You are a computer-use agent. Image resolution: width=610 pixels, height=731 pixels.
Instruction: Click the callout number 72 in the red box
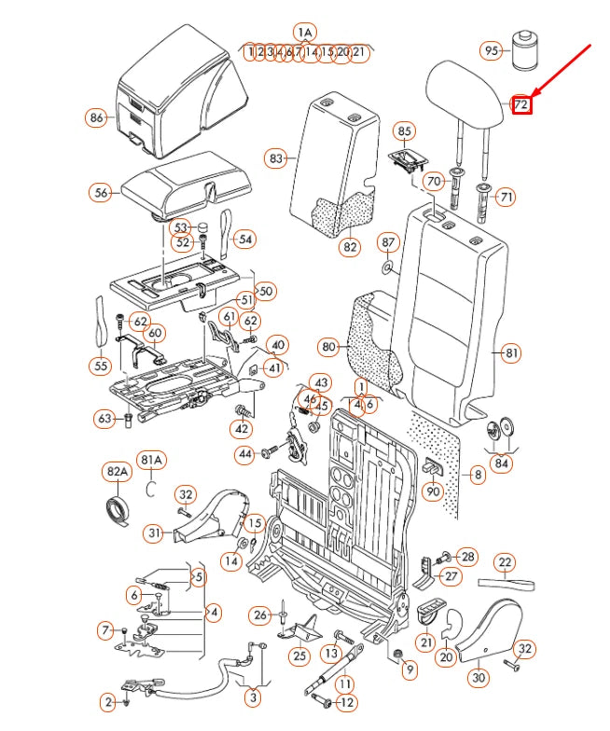(521, 105)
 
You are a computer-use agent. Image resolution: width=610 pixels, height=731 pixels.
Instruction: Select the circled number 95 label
(491, 50)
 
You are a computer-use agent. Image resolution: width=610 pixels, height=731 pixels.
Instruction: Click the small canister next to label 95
(527, 49)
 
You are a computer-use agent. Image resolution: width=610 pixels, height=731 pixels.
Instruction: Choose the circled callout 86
(96, 117)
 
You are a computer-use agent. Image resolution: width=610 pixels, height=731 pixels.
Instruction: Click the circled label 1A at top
(304, 32)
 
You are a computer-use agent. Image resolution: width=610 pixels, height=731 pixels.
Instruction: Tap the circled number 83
(275, 159)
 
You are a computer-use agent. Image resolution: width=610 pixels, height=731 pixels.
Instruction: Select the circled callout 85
(404, 131)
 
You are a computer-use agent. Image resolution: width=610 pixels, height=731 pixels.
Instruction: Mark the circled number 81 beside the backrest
(511, 352)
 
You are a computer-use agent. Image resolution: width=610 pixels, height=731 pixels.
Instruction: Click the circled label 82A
(117, 473)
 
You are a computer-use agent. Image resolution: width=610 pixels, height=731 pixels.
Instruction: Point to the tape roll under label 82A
(118, 509)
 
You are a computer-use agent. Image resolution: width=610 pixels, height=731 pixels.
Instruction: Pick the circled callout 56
(101, 192)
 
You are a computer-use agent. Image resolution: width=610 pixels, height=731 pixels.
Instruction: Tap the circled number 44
(245, 454)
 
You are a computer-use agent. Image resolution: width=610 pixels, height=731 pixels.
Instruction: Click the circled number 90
(433, 490)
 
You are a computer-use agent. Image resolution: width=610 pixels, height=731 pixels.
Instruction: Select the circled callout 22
(506, 562)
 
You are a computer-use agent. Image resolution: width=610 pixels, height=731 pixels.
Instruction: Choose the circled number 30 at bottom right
(478, 679)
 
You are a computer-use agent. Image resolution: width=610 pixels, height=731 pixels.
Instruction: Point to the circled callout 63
(104, 419)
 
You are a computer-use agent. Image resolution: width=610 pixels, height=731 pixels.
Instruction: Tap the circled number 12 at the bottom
(345, 702)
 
